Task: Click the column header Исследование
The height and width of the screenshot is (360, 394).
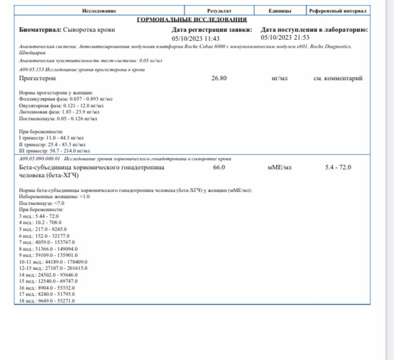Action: tap(99, 11)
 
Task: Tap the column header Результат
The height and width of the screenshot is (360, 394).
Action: tap(219, 11)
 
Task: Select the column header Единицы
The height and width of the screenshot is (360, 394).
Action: tap(280, 11)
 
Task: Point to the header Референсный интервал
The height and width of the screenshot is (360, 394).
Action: tap(338, 11)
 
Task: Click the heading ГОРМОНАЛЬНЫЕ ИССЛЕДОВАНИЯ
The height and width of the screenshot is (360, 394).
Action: tap(192, 19)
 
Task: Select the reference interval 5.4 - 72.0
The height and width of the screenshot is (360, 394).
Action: tap(338, 168)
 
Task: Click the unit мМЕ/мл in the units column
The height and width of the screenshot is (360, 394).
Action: tap(280, 168)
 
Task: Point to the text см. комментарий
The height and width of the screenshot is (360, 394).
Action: tap(338, 78)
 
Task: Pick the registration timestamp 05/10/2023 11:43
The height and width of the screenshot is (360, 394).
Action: tap(195, 38)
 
